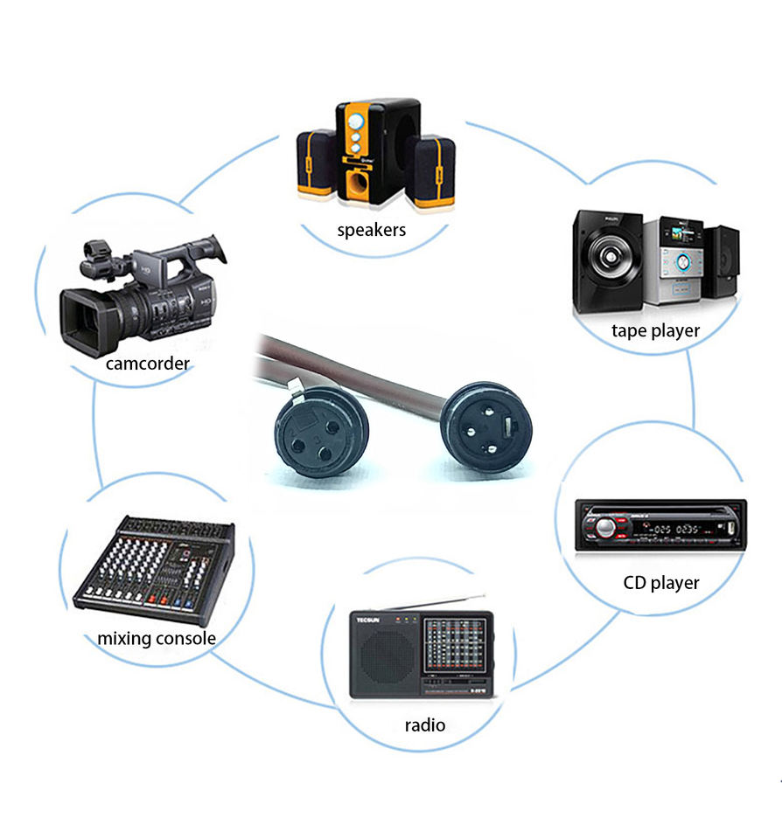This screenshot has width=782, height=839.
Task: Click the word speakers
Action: [x=372, y=231]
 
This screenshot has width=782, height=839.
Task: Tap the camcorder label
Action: [x=147, y=363]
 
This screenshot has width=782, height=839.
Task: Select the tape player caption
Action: [x=655, y=330]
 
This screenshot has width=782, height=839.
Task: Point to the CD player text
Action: [x=660, y=582]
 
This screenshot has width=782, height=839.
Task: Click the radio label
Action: [x=424, y=725]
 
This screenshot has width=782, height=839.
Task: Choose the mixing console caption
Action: [x=156, y=638]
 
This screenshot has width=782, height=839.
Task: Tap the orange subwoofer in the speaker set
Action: [x=368, y=152]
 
